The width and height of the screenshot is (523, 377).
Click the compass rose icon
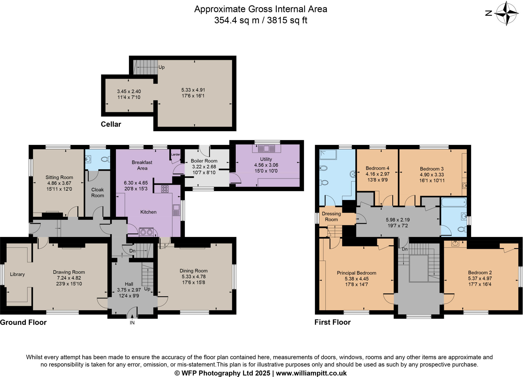[506, 13]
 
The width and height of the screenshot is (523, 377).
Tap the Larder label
[175, 154]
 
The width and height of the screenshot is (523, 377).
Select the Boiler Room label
[204, 161]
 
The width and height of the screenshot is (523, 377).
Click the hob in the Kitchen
[165, 189]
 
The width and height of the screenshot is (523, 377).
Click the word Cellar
[111, 124]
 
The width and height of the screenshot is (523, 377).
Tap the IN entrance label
[132, 323]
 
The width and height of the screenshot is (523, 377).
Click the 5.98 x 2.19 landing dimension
[398, 220]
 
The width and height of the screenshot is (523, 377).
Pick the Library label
[17, 274]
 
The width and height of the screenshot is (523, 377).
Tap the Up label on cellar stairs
[161, 67]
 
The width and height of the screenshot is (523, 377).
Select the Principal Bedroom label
[356, 273]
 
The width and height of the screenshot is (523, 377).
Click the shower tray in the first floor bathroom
[328, 154]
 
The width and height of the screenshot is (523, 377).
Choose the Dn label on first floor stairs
[405, 249]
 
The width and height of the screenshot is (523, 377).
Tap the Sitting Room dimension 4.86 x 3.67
[59, 183]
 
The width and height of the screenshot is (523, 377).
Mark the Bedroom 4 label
[377, 168]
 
